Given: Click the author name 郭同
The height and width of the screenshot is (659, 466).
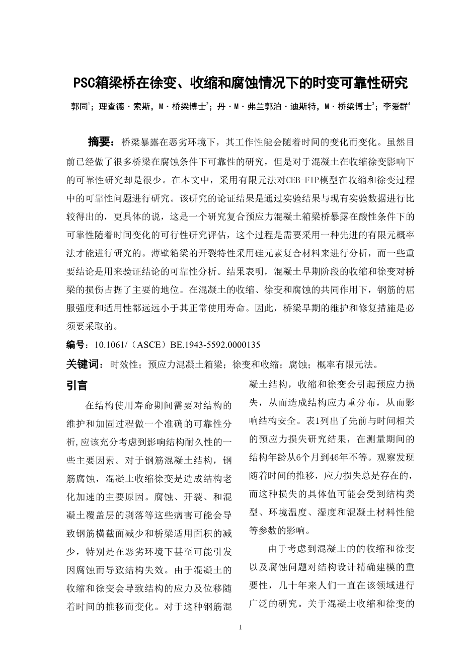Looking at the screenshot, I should (x=79, y=107).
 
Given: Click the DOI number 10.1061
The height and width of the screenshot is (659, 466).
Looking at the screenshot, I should (x=105, y=345).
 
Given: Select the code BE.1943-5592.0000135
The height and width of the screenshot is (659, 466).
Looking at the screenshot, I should (x=215, y=345).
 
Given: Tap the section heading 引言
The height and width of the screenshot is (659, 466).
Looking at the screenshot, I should (x=77, y=386).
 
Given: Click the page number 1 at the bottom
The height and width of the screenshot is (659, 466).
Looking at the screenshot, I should (x=240, y=627).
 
